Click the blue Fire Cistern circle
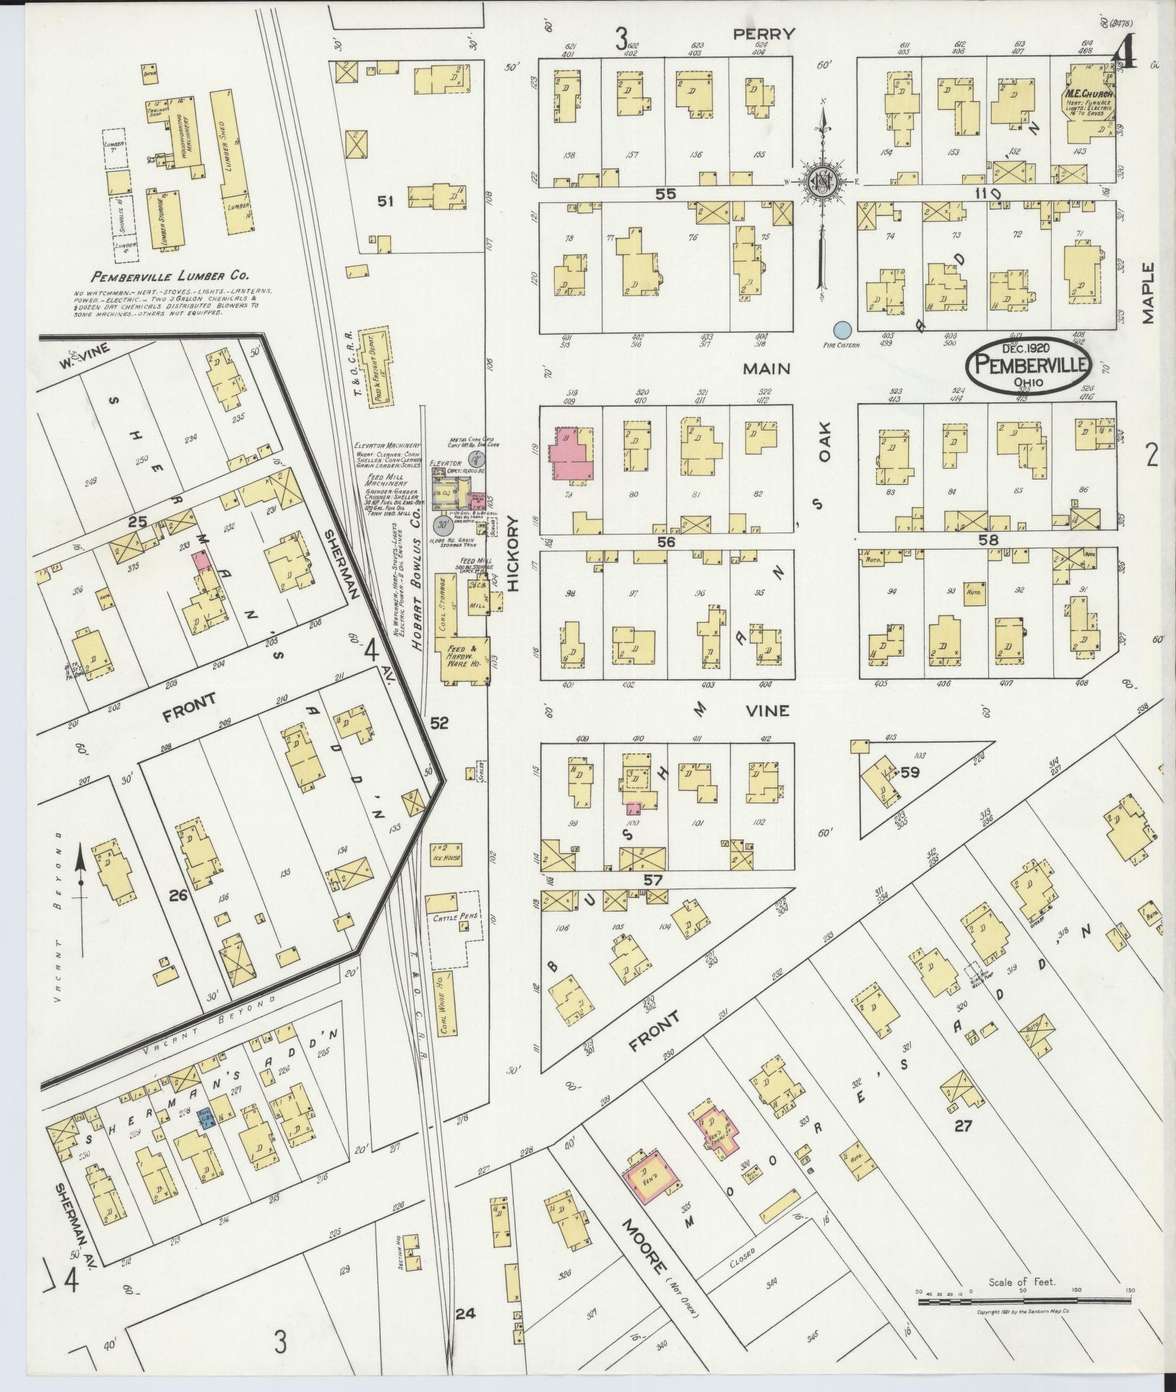(x=841, y=330)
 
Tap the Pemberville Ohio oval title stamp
(x=1029, y=366)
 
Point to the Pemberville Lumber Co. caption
(x=170, y=275)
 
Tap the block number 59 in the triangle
(x=909, y=772)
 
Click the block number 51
(x=385, y=202)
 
